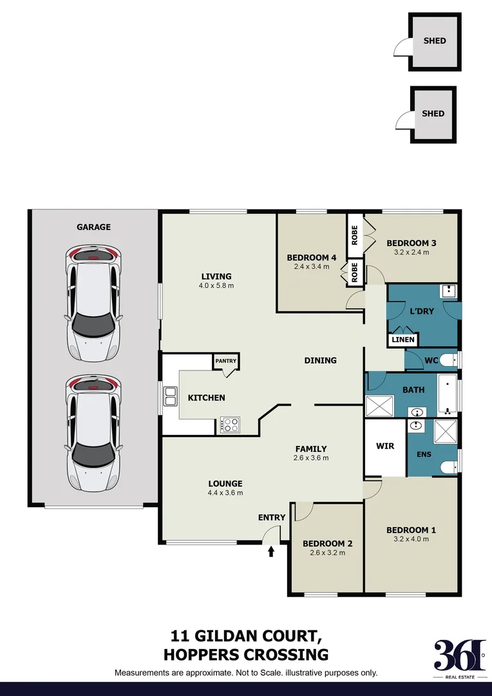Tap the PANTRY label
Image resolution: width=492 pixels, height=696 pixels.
tap(226, 361)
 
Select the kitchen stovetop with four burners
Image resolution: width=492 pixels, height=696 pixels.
tap(231, 425)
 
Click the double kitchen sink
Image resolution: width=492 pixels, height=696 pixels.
tap(171, 396)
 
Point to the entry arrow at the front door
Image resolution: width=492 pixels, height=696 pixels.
tap(271, 551)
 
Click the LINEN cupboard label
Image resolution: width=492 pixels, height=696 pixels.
tap(403, 340)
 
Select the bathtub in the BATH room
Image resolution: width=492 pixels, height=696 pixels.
tap(447, 394)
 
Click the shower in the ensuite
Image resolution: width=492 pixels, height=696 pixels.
tap(445, 430)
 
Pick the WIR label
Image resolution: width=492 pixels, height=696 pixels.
tap(384, 446)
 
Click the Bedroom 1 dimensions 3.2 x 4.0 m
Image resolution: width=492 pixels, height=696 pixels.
tap(411, 539)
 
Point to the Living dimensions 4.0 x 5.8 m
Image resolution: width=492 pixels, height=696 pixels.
tap(216, 285)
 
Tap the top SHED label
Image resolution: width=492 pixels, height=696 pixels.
tap(434, 41)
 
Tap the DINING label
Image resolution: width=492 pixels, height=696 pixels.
tap(320, 360)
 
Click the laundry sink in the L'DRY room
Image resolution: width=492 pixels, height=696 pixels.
tap(448, 291)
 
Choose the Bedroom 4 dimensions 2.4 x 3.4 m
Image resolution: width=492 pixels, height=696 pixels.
tap(312, 266)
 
